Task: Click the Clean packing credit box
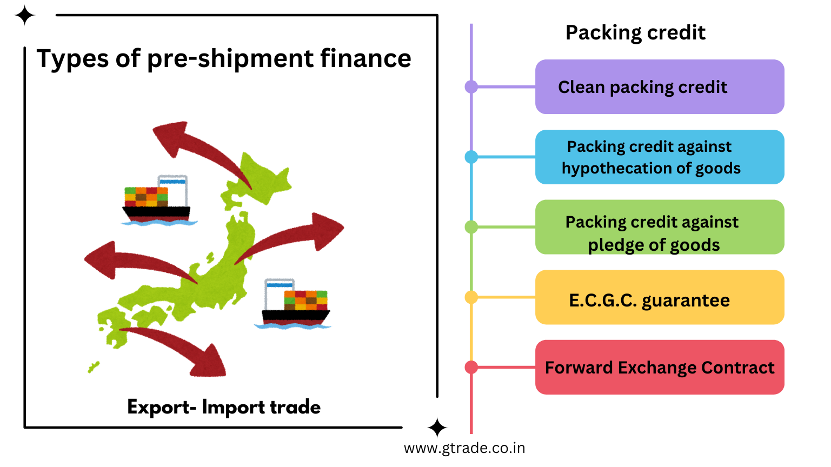[659, 87]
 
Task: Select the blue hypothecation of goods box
[659, 157]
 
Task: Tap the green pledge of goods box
[659, 228]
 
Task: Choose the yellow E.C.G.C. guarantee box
[659, 297]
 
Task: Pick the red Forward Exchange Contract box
[659, 368]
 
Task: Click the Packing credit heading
[635, 33]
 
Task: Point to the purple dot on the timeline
[471, 86]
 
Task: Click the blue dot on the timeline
[471, 157]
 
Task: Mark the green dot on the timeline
[471, 227]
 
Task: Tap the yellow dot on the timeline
[471, 297]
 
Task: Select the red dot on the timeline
[471, 368]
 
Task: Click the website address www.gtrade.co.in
[464, 449]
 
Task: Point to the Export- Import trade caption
[224, 407]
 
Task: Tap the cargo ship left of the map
[157, 201]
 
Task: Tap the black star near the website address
[437, 428]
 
